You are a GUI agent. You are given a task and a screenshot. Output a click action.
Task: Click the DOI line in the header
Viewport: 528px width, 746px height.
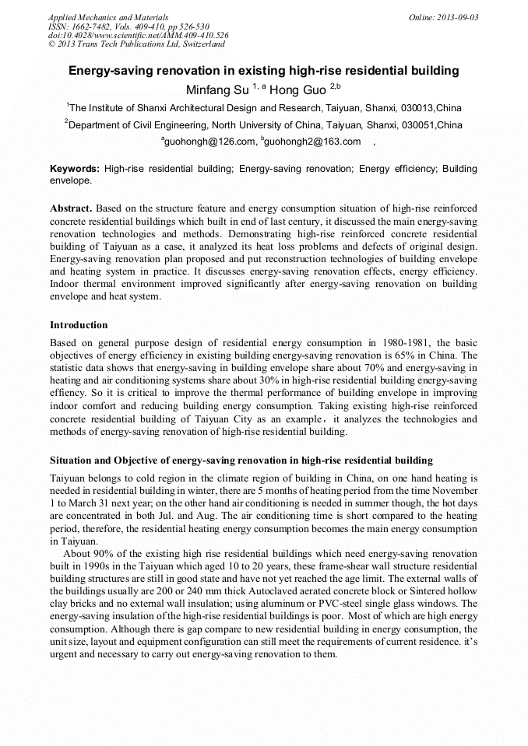(x=138, y=36)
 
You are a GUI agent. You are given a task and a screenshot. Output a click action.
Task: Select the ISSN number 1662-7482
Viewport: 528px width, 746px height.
(x=94, y=26)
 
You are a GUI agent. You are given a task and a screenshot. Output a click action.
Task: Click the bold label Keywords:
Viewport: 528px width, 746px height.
(x=75, y=169)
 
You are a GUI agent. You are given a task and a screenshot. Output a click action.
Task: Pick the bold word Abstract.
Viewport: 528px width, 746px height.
(x=72, y=209)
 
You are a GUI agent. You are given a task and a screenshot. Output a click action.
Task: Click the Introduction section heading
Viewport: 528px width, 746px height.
(x=79, y=324)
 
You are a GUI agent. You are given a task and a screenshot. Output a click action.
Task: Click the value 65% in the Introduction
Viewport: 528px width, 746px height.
(x=421, y=355)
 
